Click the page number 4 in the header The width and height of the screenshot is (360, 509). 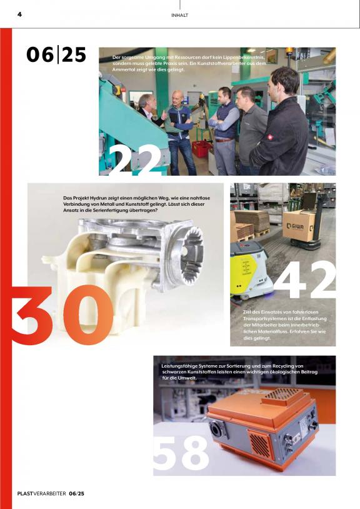(19, 14)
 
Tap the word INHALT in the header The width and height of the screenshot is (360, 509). (179, 15)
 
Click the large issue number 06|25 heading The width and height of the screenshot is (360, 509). (56, 54)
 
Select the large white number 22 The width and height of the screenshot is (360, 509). (135, 160)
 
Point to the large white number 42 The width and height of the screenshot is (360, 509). (305, 279)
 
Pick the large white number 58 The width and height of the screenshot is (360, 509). (181, 453)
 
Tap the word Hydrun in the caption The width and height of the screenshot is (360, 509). (99, 198)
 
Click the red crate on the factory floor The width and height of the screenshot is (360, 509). (202, 149)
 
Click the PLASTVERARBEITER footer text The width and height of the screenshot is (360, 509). (41, 493)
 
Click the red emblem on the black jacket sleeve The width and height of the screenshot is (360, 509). (269, 138)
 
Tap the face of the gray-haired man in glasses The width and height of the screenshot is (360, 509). (146, 101)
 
